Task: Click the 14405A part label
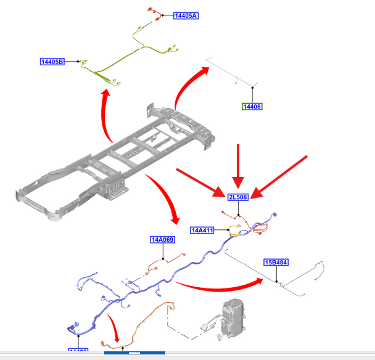(x=186, y=15)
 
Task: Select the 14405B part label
(x=53, y=62)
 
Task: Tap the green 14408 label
(x=252, y=107)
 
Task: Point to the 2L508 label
(x=238, y=197)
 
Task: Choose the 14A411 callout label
(x=202, y=231)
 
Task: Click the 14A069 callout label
(x=162, y=240)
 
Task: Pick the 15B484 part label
(x=276, y=263)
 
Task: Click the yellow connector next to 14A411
(x=235, y=231)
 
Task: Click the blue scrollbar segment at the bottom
(x=134, y=353)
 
